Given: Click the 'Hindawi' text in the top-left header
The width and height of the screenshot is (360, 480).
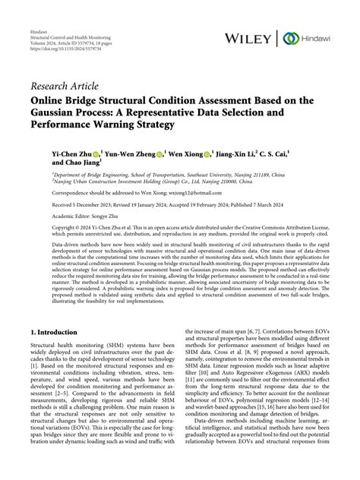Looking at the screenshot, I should click(x=38, y=22).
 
